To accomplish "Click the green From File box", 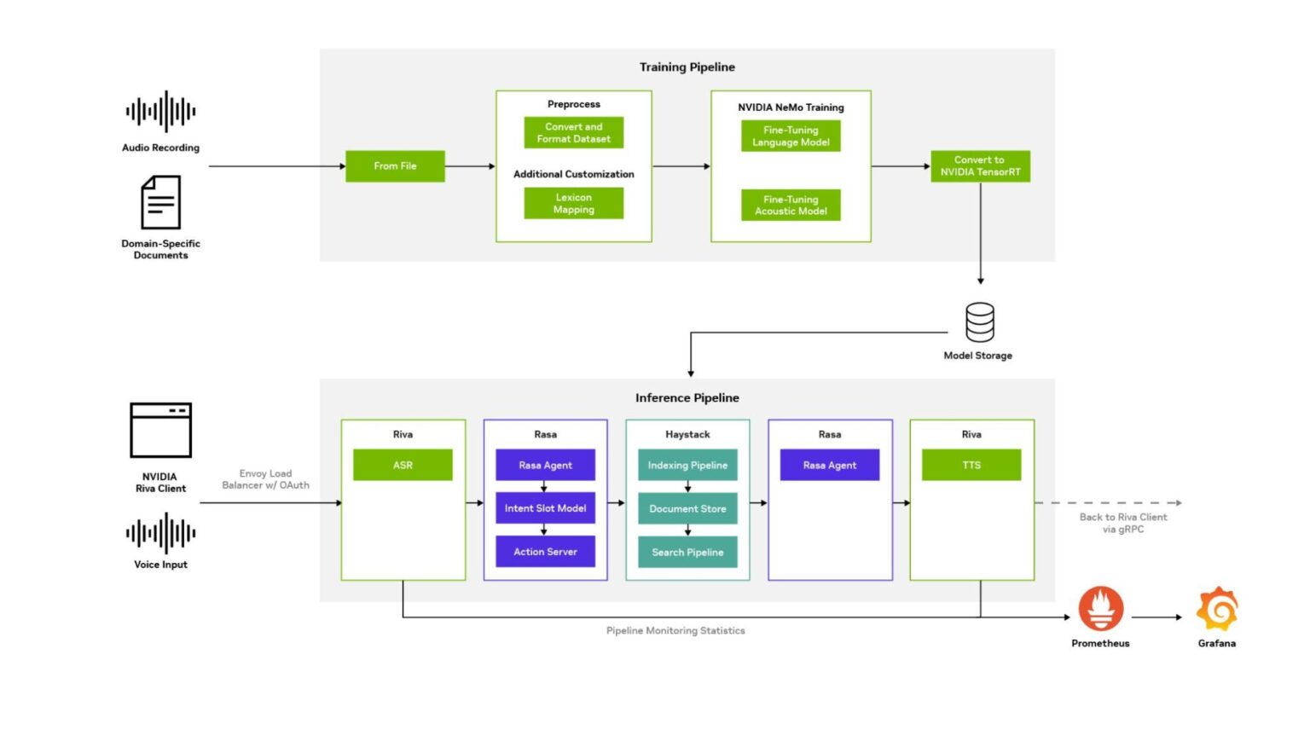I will click(x=395, y=166).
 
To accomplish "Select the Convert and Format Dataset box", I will click(x=573, y=133).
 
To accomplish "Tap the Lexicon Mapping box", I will click(x=573, y=203).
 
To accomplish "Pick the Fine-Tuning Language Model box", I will click(x=791, y=136).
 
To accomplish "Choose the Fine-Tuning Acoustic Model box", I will click(x=791, y=206).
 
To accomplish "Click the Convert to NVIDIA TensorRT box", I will click(x=980, y=166).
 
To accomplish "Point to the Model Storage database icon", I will click(x=979, y=322).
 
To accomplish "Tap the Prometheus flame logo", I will click(x=1100, y=609).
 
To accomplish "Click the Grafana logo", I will click(x=1217, y=609).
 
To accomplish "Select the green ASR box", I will click(x=403, y=466).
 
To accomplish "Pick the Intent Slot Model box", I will click(x=545, y=508).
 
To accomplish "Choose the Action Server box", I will click(x=545, y=552).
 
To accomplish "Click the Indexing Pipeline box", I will click(x=687, y=466).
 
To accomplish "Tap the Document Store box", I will click(x=687, y=509).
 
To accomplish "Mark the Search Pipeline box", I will click(x=687, y=553).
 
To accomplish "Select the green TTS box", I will click(x=971, y=466).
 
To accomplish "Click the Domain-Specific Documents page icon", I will click(x=160, y=202).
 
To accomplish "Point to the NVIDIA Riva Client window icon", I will click(x=160, y=431).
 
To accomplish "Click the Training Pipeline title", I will click(x=687, y=67).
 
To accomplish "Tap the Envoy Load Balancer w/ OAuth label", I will click(x=265, y=479).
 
